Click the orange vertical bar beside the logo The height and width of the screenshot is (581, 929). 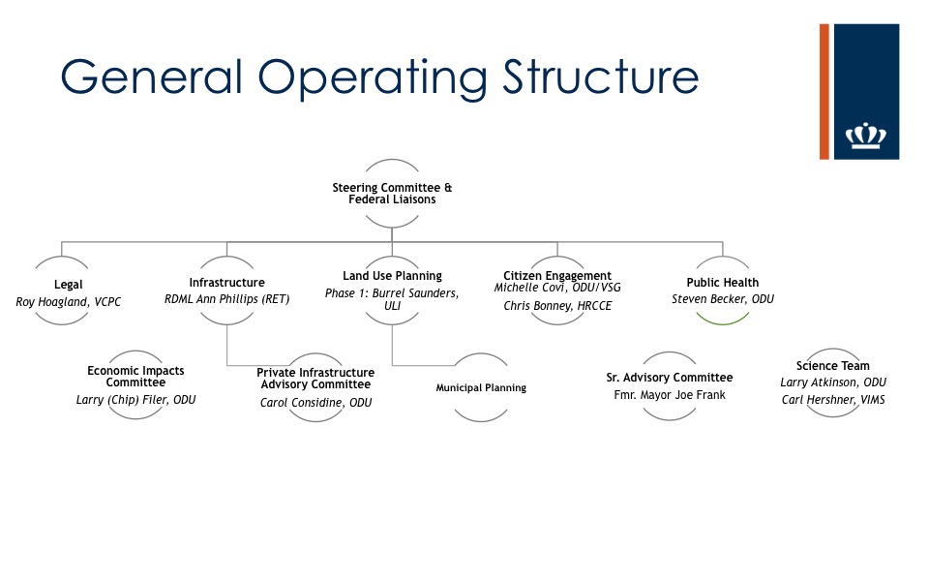click(x=824, y=91)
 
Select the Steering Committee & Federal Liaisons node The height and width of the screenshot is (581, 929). click(x=392, y=193)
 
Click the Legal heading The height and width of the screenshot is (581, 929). click(x=69, y=285)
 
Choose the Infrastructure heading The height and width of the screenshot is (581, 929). click(x=226, y=283)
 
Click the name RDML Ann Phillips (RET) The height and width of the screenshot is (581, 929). click(x=227, y=299)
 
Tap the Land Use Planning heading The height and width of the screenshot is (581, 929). click(x=392, y=276)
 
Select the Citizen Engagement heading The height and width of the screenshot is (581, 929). click(x=557, y=276)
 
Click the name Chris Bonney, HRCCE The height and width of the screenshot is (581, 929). click(x=557, y=307)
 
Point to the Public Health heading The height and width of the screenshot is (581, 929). click(x=722, y=283)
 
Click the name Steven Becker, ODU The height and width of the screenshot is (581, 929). click(x=722, y=299)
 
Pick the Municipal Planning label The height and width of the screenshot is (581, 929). click(x=481, y=388)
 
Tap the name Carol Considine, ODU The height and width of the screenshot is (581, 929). click(x=315, y=403)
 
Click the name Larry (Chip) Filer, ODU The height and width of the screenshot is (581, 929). click(x=135, y=399)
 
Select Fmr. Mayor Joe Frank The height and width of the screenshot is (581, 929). click(x=670, y=395)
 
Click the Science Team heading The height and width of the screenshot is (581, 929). click(x=832, y=366)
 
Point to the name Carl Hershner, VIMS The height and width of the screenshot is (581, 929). click(x=832, y=400)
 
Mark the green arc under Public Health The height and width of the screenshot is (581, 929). click(x=722, y=320)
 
